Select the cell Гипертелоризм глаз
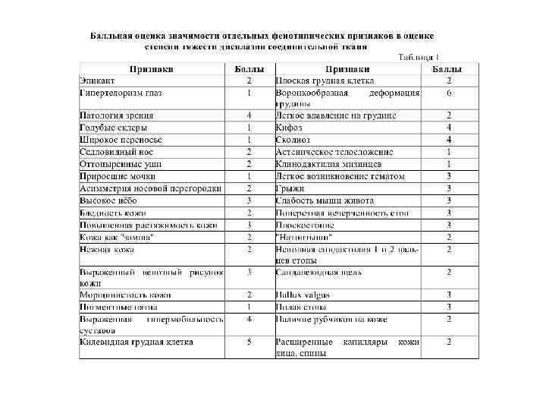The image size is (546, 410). click(x=121, y=93)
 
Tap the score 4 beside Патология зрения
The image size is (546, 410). click(x=249, y=115)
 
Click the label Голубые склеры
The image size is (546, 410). click(x=108, y=128)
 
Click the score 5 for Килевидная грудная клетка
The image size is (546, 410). click(x=249, y=342)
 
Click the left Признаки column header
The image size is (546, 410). click(x=152, y=69)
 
